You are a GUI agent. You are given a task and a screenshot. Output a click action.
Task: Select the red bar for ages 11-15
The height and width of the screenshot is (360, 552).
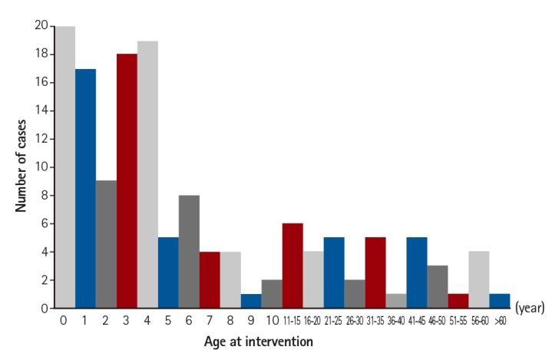pos(292,266)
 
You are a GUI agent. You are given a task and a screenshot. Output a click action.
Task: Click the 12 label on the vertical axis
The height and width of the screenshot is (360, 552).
pos(43,139)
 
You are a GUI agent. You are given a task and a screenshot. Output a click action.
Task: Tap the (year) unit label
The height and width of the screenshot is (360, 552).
pos(530,308)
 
